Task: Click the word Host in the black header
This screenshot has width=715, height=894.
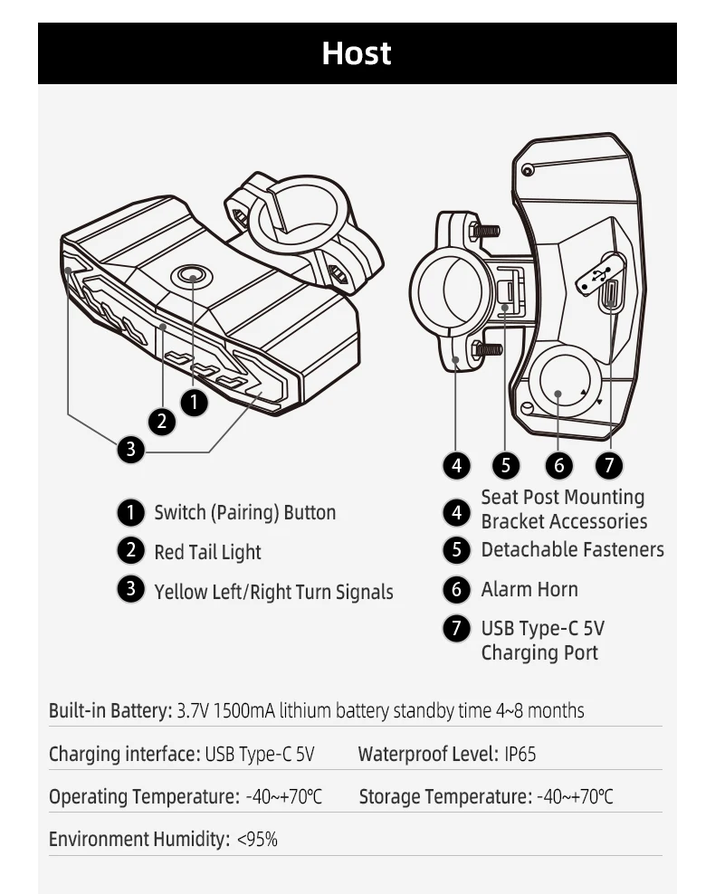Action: (x=357, y=53)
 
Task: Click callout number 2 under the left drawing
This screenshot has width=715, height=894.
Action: (x=161, y=420)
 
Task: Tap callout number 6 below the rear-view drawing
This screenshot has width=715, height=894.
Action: (x=559, y=465)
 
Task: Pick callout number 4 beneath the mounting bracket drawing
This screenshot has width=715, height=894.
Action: (x=456, y=465)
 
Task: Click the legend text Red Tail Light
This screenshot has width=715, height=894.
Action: (x=207, y=552)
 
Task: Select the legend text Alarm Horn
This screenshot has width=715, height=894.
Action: (x=529, y=589)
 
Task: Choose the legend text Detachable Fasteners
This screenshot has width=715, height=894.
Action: (x=572, y=549)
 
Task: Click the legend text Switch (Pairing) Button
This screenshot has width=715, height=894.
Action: (x=244, y=513)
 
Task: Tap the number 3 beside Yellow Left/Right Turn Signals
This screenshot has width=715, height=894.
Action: (x=131, y=590)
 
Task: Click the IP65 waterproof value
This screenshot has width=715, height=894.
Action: (x=520, y=754)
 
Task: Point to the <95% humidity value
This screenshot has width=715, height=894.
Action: (x=257, y=840)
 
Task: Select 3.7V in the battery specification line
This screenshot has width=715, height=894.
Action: (x=192, y=710)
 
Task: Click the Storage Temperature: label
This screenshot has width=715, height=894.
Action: (x=445, y=796)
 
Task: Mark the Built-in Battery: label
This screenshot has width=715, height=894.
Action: (x=110, y=710)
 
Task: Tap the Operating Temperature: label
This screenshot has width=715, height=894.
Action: (x=144, y=796)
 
